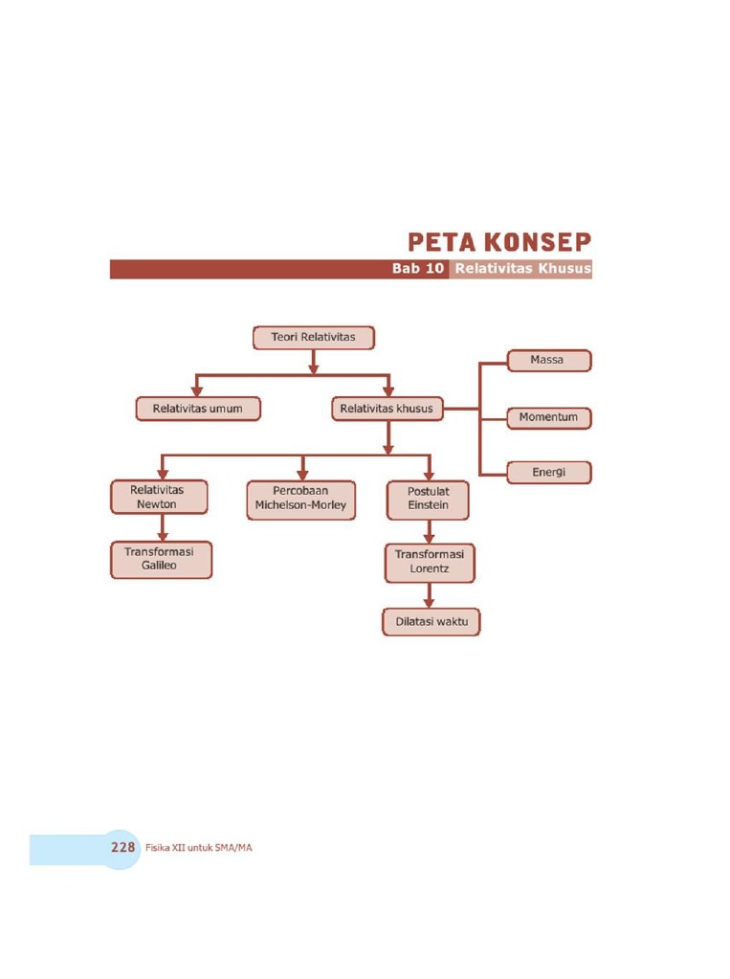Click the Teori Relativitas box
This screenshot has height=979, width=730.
click(x=313, y=338)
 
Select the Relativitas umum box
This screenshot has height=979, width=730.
click(x=198, y=409)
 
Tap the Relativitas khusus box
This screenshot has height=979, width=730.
click(x=387, y=409)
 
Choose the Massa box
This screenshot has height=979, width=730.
click(x=548, y=361)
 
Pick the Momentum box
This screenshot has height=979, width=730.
click(x=548, y=418)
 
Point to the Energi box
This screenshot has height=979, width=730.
click(x=548, y=472)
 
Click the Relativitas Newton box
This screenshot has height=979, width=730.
click(x=157, y=497)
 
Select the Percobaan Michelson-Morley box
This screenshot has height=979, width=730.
click(x=300, y=499)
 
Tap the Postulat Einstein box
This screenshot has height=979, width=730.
click(x=428, y=500)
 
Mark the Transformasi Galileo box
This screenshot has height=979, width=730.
click(x=159, y=560)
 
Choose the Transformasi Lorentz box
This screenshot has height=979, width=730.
click(x=429, y=562)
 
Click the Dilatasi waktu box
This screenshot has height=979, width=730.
click(x=431, y=622)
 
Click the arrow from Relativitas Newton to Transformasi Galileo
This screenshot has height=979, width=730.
click(x=164, y=527)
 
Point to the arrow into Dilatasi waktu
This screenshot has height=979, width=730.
click(x=429, y=595)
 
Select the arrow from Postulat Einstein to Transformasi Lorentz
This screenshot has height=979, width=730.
click(x=429, y=532)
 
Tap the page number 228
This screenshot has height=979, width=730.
click(x=122, y=848)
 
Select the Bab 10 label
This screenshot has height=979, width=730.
click(x=418, y=269)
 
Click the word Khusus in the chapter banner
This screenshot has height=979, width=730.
click(x=564, y=269)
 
